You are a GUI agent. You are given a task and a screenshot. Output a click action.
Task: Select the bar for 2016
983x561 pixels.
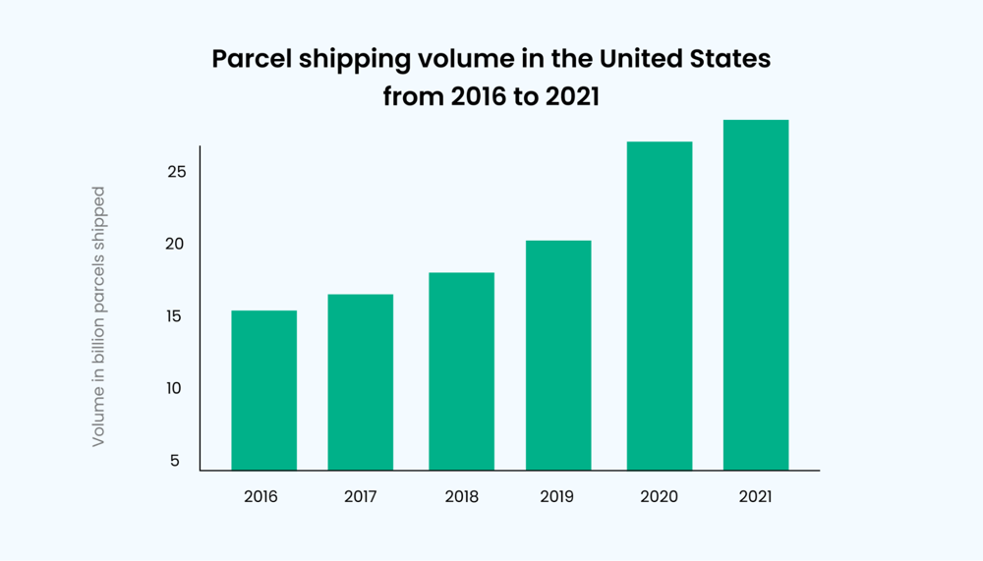tap(263, 390)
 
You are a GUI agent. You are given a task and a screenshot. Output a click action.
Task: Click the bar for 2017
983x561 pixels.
tap(361, 382)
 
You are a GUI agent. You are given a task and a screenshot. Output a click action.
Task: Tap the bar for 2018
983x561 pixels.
tap(461, 371)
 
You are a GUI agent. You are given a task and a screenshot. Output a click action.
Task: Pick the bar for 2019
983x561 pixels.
tap(558, 355)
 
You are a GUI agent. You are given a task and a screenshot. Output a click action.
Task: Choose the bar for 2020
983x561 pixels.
tap(659, 306)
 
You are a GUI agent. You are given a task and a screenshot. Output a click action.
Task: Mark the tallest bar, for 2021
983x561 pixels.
tap(756, 295)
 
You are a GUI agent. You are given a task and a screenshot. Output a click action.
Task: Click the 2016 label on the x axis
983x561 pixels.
tap(260, 496)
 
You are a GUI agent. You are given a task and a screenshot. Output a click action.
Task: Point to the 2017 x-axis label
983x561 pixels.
tap(361, 496)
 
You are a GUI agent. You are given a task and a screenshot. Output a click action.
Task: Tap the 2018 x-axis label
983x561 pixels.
tap(461, 496)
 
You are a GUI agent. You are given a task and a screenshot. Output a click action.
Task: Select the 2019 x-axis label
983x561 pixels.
tap(557, 496)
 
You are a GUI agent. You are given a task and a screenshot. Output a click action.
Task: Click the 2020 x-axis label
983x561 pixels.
tap(659, 496)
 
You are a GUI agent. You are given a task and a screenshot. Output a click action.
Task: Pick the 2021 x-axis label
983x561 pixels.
tap(755, 496)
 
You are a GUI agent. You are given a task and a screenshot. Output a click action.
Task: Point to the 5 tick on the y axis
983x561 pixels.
tap(175, 460)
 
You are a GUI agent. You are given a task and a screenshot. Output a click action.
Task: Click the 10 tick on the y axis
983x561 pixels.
tap(173, 388)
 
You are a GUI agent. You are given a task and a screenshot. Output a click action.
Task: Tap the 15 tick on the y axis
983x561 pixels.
tap(173, 316)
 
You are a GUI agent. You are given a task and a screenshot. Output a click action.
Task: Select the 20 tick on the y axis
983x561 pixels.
tap(173, 244)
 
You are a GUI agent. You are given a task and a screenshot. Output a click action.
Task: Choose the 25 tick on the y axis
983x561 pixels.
tap(173, 172)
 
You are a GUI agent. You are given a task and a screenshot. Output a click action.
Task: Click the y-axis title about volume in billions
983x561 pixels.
tap(98, 316)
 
